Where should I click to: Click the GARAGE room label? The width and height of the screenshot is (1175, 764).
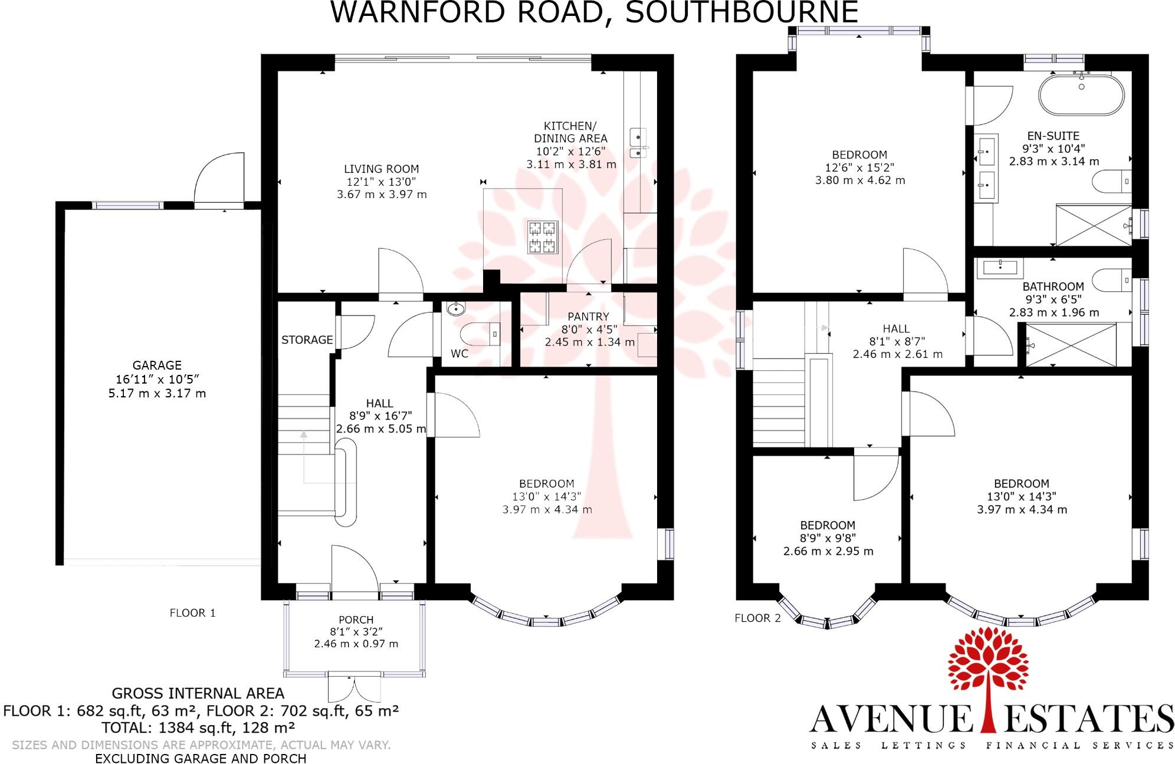click(x=156, y=365)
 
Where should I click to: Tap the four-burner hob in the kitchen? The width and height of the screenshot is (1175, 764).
click(x=543, y=237)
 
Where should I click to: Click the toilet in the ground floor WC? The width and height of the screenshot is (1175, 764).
click(x=481, y=334)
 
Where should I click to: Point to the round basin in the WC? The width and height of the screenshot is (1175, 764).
click(x=456, y=309)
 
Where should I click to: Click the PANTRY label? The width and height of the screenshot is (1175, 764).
click(x=587, y=317)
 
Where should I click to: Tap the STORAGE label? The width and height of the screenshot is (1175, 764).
click(x=307, y=340)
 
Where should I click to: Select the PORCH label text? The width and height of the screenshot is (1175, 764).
click(x=356, y=620)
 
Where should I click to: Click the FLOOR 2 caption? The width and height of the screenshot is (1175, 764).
click(x=757, y=618)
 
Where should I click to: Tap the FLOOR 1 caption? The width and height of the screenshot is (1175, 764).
click(x=192, y=613)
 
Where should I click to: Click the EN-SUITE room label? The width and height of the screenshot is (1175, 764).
click(x=1053, y=136)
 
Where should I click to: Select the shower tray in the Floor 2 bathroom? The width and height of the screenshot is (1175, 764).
click(x=1071, y=345)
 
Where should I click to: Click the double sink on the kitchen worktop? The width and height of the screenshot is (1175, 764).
click(x=638, y=144)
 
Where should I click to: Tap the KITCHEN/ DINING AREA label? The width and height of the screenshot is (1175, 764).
click(x=570, y=132)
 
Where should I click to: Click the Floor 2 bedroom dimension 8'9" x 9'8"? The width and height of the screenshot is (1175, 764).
click(x=828, y=538)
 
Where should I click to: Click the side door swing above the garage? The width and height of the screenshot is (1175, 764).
click(x=219, y=178)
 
